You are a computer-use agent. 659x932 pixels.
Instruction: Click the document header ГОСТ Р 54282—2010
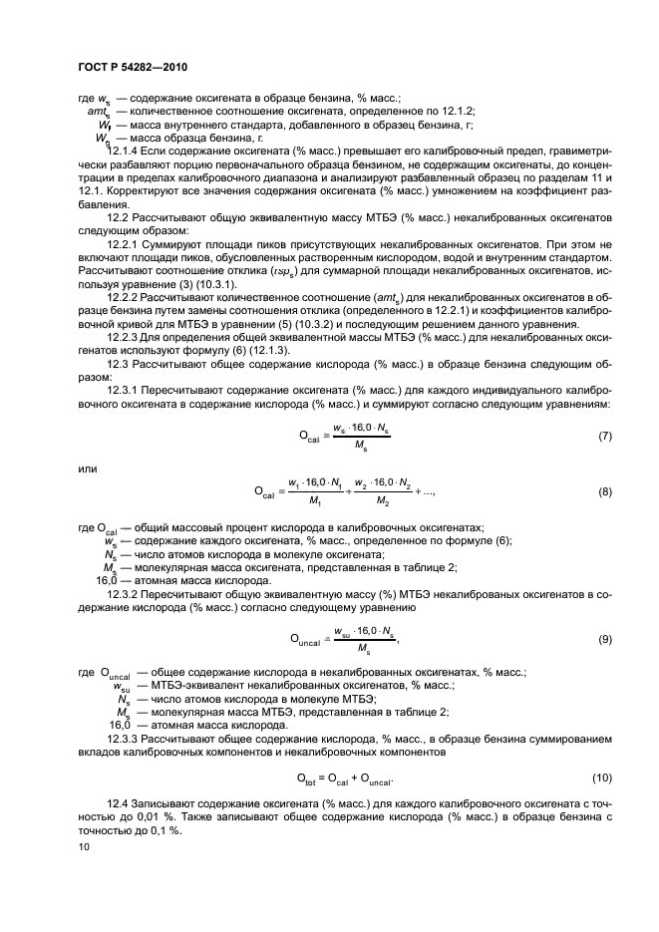pyautogui.click(x=133, y=67)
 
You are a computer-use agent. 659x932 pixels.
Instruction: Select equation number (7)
pyautogui.click(x=604, y=437)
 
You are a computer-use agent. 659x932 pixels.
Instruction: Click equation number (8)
pyautogui.click(x=604, y=491)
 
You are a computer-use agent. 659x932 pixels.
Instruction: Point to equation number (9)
pyautogui.click(x=604, y=639)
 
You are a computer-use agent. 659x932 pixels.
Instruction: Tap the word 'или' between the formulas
pyautogui.click(x=86, y=466)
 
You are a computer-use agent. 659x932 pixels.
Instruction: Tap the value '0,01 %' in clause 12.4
pyautogui.click(x=173, y=817)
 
